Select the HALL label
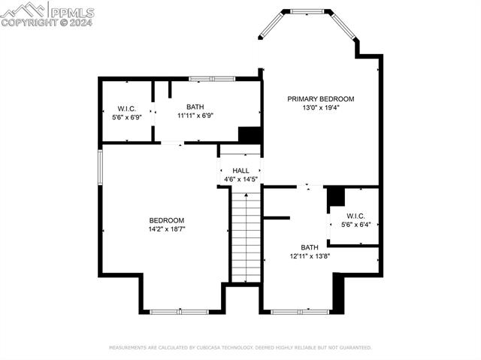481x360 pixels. click(x=240, y=171)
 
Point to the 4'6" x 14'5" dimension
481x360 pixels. click(x=240, y=180)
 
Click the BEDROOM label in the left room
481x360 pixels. click(x=166, y=220)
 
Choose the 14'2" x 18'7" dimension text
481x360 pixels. click(x=166, y=229)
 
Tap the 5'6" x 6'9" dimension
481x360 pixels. click(x=126, y=116)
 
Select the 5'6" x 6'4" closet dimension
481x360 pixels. click(x=355, y=224)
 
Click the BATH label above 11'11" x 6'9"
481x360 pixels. click(x=195, y=107)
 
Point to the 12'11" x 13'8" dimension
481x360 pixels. click(x=310, y=256)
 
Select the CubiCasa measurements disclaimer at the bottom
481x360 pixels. click(x=240, y=347)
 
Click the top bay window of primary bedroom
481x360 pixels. click(x=306, y=11)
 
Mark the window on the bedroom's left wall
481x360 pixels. click(x=100, y=166)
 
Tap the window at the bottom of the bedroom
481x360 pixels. click(x=180, y=311)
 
